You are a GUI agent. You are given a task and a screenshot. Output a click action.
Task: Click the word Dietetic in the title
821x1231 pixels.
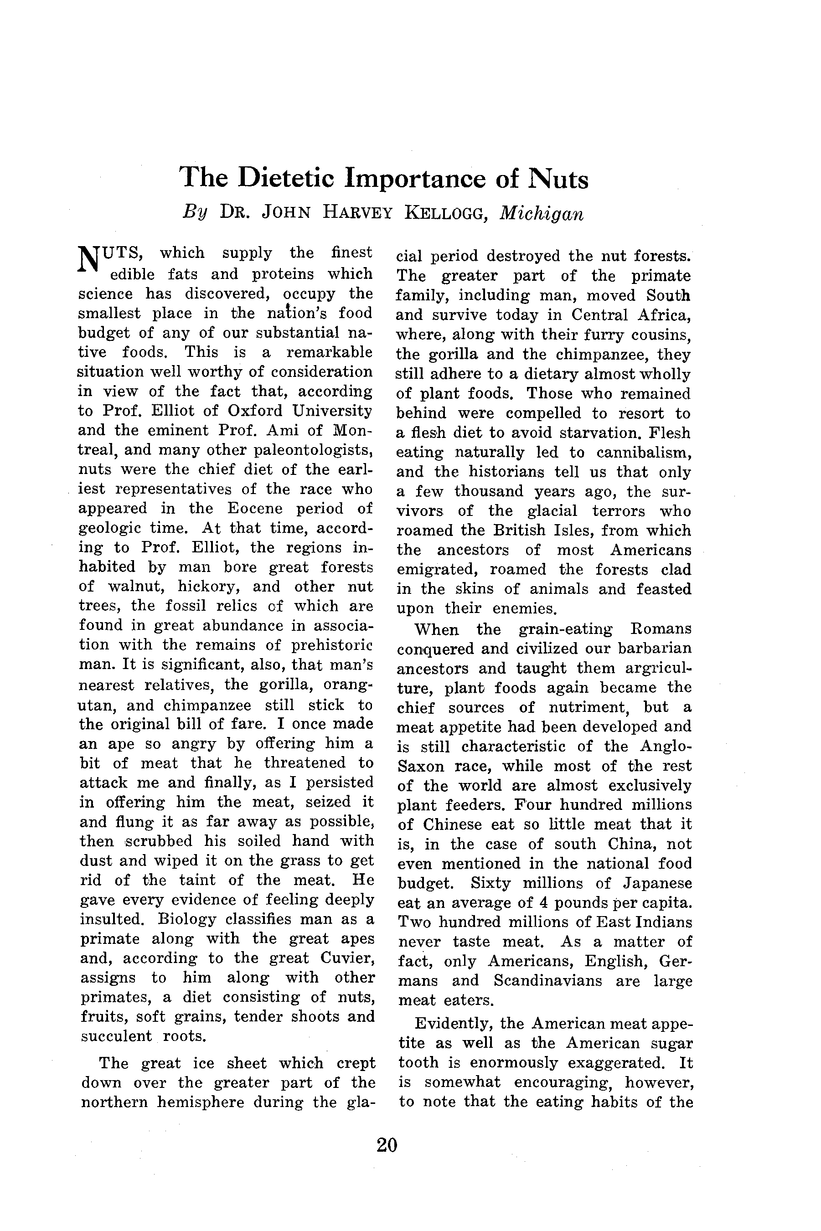285,179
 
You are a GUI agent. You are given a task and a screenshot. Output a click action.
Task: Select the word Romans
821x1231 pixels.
661,628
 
